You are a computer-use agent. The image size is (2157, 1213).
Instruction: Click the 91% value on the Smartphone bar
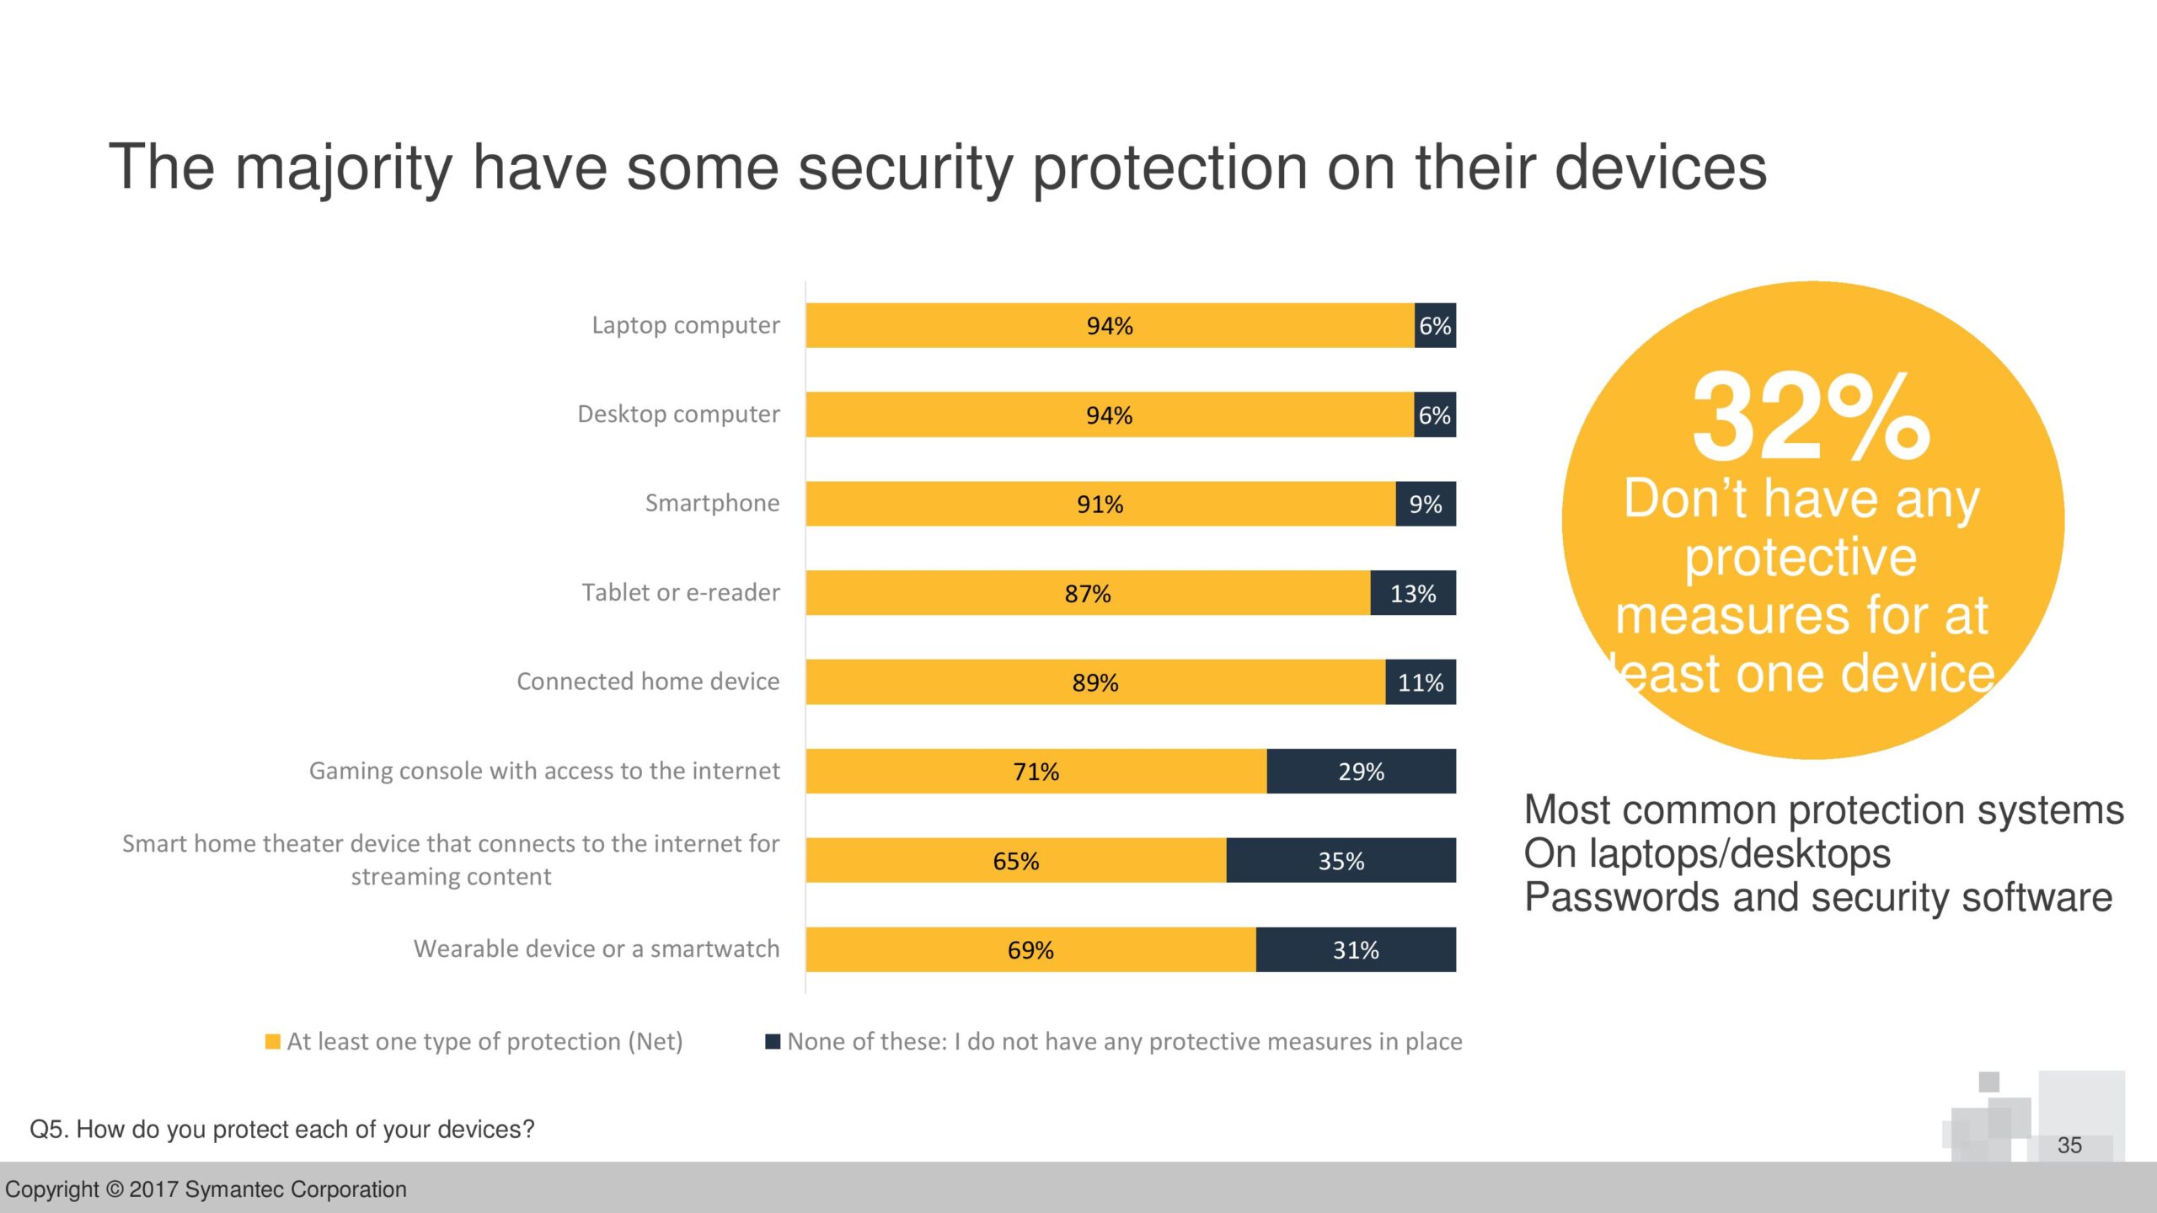click(x=1100, y=504)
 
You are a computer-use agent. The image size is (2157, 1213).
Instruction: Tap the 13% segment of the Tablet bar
click(x=1413, y=593)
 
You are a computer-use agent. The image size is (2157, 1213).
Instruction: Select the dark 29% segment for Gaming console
click(x=1361, y=771)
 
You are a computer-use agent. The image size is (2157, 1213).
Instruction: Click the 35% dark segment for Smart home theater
click(x=1341, y=860)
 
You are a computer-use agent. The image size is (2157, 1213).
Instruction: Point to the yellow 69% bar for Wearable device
click(x=1030, y=949)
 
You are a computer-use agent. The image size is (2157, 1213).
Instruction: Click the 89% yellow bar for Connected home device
click(x=1095, y=681)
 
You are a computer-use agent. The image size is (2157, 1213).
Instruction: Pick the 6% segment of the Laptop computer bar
click(x=1435, y=325)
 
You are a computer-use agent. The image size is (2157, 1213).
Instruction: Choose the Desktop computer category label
click(x=678, y=414)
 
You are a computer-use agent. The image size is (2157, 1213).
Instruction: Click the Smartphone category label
click(x=712, y=503)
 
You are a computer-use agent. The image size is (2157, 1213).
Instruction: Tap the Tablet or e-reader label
click(x=681, y=592)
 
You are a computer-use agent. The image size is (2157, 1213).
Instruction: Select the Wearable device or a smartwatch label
click(x=597, y=948)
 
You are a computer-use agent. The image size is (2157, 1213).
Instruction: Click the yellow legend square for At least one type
click(x=272, y=1042)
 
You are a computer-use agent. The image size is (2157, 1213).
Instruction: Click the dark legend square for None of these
click(x=772, y=1042)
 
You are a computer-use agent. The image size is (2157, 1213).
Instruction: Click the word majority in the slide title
click(x=343, y=167)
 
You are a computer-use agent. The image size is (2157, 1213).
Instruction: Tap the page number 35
click(x=2069, y=1145)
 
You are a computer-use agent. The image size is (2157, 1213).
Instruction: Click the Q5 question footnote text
click(x=282, y=1129)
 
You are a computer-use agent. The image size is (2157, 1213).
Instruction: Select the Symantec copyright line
click(x=206, y=1189)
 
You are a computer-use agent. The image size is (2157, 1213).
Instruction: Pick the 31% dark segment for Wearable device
click(x=1356, y=949)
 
